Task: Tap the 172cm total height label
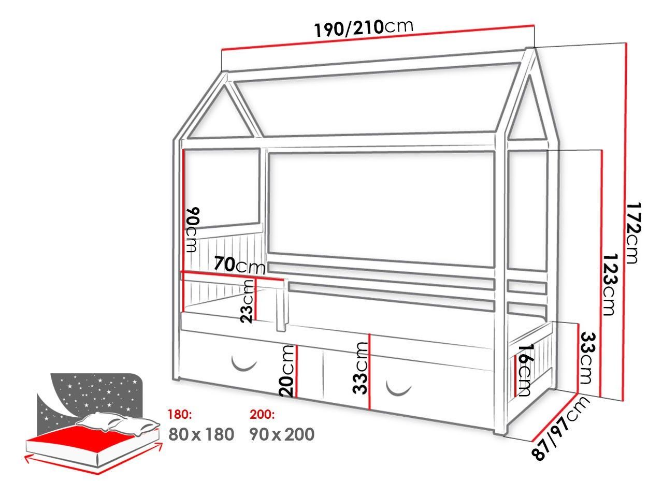click(x=634, y=233)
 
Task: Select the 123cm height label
click(x=611, y=284)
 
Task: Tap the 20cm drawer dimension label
click(x=286, y=371)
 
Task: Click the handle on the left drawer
click(x=243, y=364)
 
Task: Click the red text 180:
click(x=181, y=415)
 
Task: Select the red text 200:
click(x=262, y=415)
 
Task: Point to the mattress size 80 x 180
click(x=201, y=434)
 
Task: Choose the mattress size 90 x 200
click(x=282, y=434)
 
